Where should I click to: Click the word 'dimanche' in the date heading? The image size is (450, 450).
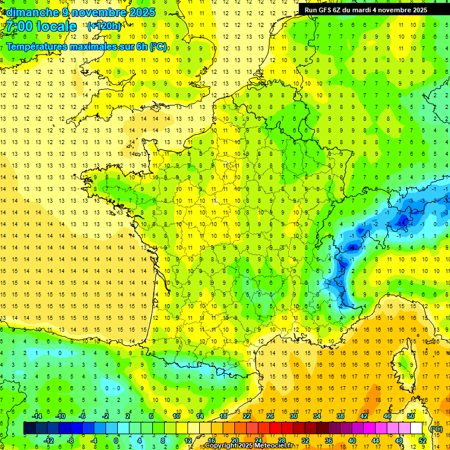click(x=29, y=12)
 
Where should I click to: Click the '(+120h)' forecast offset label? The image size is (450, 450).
click(x=104, y=26)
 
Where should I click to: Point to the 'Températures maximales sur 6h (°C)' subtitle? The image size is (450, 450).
click(x=86, y=46)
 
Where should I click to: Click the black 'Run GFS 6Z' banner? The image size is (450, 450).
click(x=366, y=9)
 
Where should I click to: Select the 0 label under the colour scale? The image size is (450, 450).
click(x=116, y=441)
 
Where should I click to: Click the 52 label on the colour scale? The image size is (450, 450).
click(x=422, y=441)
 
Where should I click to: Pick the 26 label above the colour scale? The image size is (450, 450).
click(x=270, y=416)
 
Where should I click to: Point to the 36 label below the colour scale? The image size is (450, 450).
click(x=328, y=441)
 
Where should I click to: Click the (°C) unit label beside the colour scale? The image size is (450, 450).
click(x=436, y=429)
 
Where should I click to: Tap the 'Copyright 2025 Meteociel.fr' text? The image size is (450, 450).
click(x=249, y=446)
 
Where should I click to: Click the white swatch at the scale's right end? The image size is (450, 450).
click(x=416, y=428)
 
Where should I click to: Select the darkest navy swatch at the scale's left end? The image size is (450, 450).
click(x=29, y=428)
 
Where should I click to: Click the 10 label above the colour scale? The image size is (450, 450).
click(x=176, y=416)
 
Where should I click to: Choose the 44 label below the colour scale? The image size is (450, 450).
click(x=375, y=441)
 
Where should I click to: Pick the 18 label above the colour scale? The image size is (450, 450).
click(x=223, y=416)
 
